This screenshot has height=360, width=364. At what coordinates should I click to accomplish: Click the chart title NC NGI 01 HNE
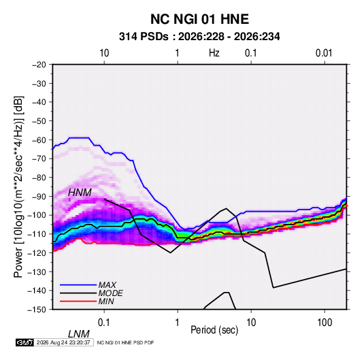199,19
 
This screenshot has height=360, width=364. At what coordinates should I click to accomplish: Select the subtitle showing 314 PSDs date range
199,37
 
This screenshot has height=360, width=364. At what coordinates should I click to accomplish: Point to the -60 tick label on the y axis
39,140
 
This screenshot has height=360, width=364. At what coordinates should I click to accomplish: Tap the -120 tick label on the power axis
37,252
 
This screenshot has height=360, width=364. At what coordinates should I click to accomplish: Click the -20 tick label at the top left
39,65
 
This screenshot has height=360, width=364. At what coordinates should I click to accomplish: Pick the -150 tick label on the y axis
37,310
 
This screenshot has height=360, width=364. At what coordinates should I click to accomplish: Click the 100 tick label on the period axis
325,323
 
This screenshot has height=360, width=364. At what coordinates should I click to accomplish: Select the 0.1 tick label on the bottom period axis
104,323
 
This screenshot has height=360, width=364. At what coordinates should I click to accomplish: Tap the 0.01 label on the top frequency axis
324,53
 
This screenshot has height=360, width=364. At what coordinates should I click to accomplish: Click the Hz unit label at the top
214,53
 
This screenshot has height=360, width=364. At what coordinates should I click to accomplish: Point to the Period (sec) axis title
214,330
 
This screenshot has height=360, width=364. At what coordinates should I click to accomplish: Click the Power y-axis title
18,186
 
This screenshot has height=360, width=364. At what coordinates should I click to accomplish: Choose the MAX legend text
107,285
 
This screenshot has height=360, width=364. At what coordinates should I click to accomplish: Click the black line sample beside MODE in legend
78,293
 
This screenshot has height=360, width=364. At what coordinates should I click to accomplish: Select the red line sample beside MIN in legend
78,301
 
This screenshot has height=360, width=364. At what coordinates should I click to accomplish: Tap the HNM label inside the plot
80,193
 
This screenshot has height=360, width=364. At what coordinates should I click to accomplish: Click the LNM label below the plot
78,334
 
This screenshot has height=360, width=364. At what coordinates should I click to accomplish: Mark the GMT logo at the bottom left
25,342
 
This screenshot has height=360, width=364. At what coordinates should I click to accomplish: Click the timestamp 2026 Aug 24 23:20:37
63,342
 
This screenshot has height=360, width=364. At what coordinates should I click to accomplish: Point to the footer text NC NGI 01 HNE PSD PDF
125,342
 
